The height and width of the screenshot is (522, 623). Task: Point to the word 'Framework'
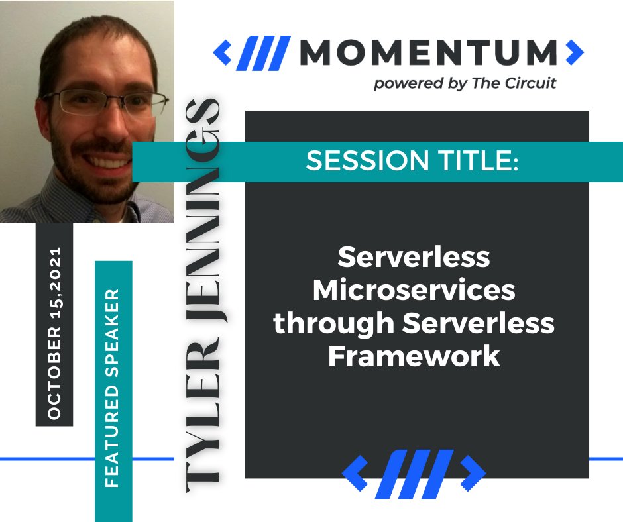(414, 356)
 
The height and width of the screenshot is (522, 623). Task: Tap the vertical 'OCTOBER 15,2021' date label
(54, 333)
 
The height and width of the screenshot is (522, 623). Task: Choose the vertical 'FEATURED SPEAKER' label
(113, 388)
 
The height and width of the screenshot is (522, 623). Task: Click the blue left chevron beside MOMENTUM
(223, 51)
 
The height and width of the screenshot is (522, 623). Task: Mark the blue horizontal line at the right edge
(606, 458)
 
